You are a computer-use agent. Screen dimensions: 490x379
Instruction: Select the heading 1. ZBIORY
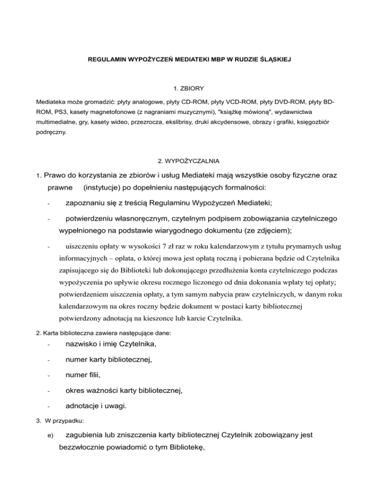tap(189, 89)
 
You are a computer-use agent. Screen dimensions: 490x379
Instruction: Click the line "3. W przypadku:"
tap(61, 421)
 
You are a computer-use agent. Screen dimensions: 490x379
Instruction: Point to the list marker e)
tap(49, 436)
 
